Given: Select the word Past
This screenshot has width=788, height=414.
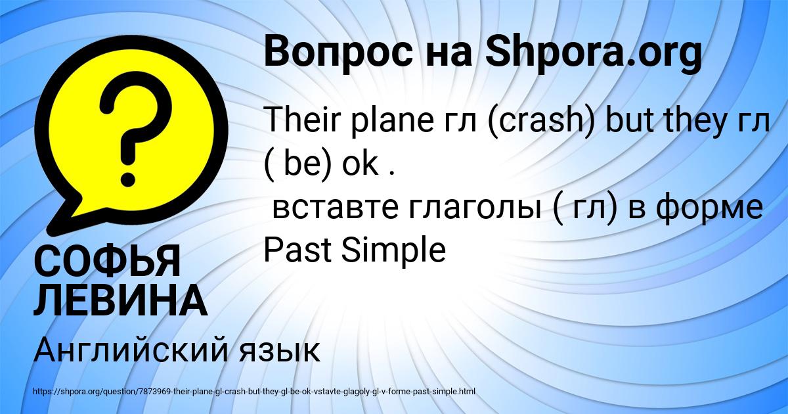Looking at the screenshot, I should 294,250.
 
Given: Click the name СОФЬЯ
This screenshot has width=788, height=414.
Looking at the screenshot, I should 106,261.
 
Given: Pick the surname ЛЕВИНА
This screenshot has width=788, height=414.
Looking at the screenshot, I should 120,302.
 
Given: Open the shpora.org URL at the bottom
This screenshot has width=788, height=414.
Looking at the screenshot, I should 253,392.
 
